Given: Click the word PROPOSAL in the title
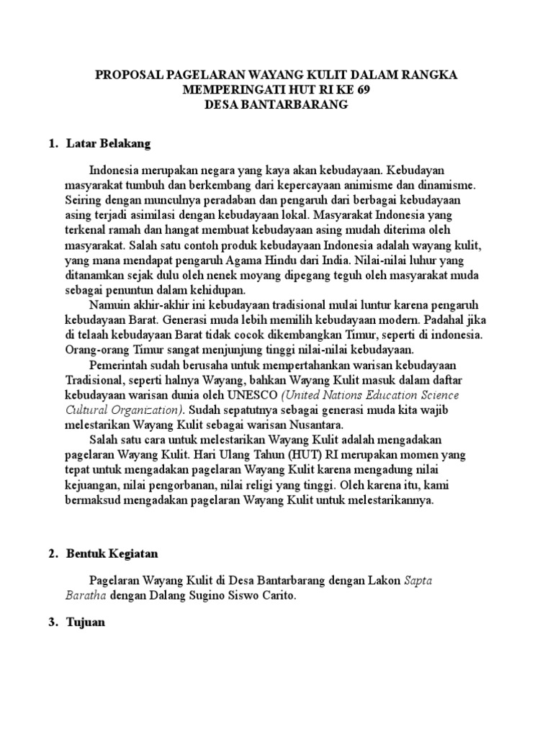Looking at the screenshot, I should point(129,74).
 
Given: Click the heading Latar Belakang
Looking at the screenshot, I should point(108,144).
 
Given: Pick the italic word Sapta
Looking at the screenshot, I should point(418,581).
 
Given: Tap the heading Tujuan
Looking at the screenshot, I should point(86,623).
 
